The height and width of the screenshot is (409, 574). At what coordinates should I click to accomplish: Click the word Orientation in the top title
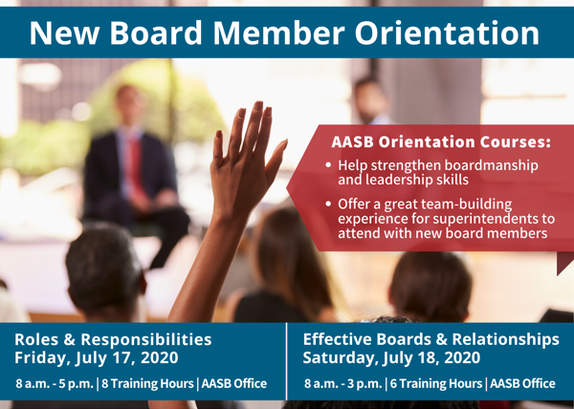pyautogui.click(x=447, y=32)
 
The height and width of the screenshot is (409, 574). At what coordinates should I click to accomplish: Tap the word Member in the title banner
pyautogui.click(x=279, y=32)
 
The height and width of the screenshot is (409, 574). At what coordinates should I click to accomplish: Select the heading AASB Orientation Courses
pyautogui.click(x=441, y=142)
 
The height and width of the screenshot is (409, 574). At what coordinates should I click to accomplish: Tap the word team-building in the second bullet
pyautogui.click(x=466, y=204)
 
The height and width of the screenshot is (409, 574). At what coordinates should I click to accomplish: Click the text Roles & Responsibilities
pyautogui.click(x=113, y=339)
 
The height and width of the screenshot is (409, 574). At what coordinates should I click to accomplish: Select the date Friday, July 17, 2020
pyautogui.click(x=97, y=357)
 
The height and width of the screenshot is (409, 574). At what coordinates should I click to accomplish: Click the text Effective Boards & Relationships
pyautogui.click(x=430, y=339)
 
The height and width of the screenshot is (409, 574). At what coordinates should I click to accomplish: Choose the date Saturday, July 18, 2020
pyautogui.click(x=391, y=357)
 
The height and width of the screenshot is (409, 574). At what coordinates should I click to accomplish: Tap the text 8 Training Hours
pyautogui.click(x=147, y=383)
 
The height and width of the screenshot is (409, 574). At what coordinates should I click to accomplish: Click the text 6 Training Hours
pyautogui.click(x=436, y=383)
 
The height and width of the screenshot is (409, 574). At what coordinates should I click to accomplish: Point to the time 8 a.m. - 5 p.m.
pyautogui.click(x=55, y=383)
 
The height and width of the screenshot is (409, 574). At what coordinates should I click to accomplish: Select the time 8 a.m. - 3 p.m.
pyautogui.click(x=343, y=383)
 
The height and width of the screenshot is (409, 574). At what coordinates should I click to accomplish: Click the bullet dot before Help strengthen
pyautogui.click(x=328, y=165)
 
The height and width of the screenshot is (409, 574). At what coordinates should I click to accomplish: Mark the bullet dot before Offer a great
pyautogui.click(x=328, y=204)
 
